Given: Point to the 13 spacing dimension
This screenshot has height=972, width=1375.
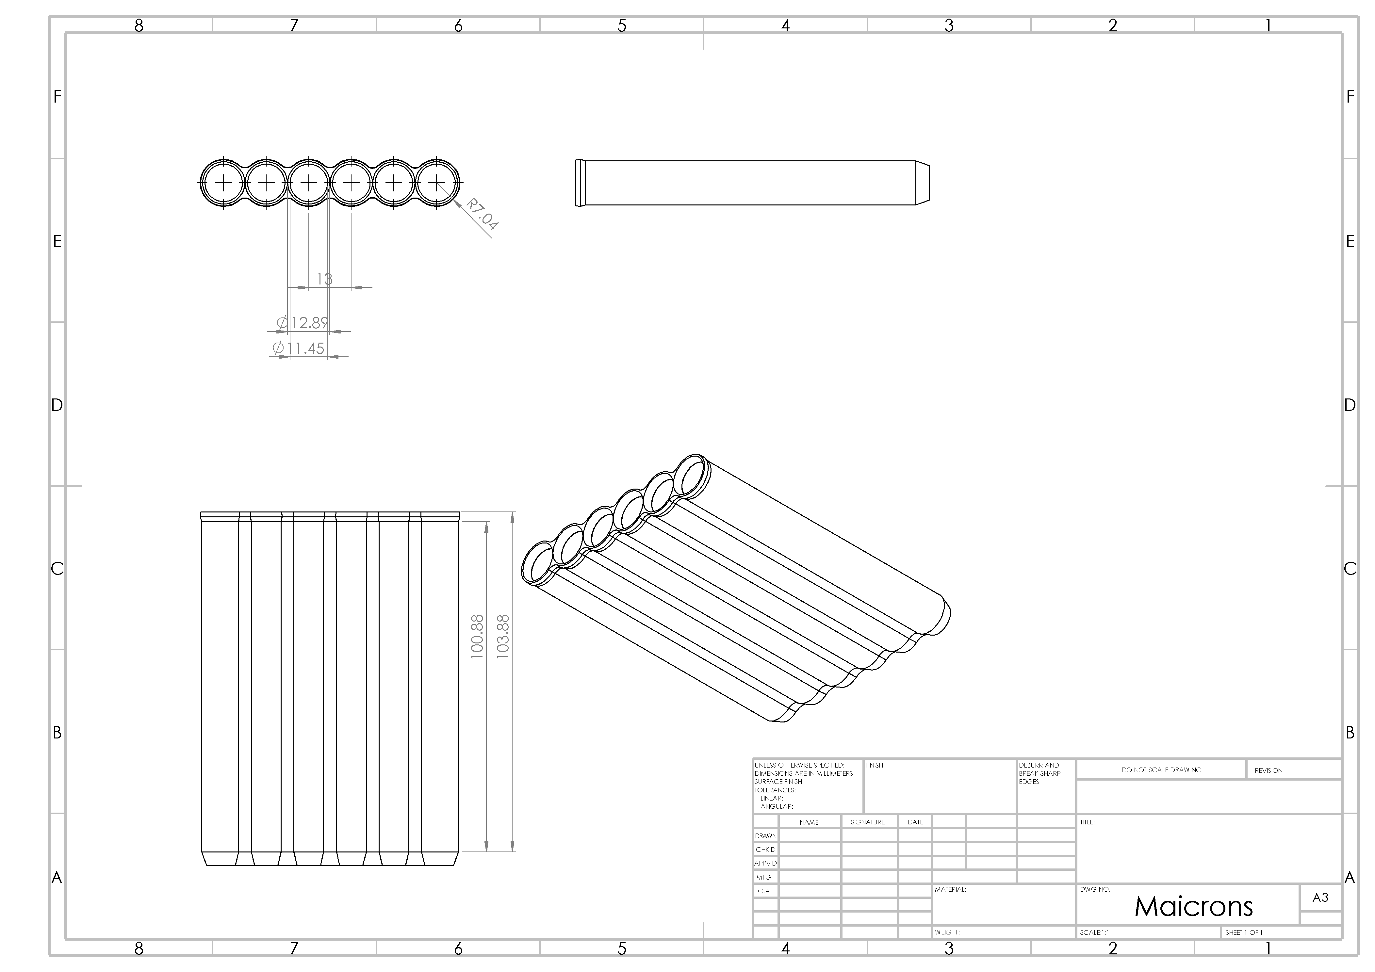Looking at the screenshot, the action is [325, 279].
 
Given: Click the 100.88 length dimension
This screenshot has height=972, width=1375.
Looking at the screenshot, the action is [477, 637].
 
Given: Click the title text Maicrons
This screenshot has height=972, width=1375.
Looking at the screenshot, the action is [1194, 907].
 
